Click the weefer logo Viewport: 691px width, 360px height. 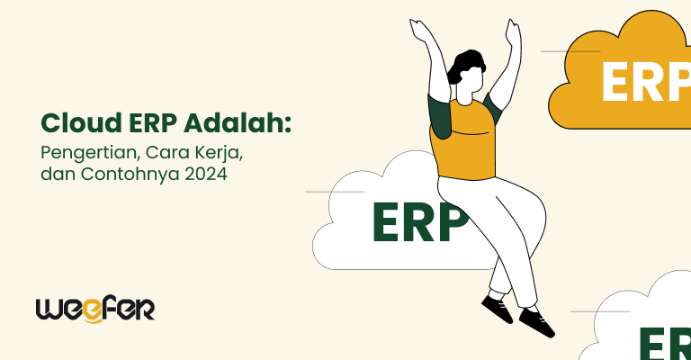tap(94, 308)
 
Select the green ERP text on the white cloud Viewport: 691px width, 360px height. tap(419, 221)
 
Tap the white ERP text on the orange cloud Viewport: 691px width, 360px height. tap(644, 84)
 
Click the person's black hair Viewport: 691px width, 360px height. tap(469, 63)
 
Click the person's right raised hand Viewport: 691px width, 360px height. tap(514, 33)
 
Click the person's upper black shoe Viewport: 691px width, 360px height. tap(496, 309)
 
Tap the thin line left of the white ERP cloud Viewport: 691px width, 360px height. tap(334, 192)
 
